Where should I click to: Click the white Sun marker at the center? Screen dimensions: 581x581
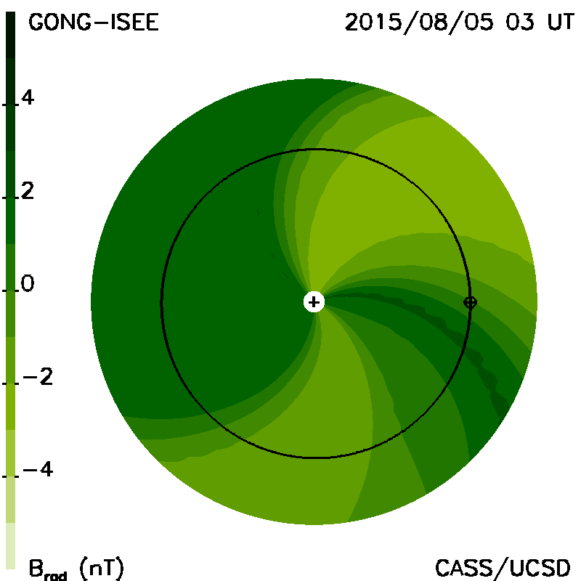click(314, 302)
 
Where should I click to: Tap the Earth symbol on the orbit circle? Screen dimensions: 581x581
click(470, 302)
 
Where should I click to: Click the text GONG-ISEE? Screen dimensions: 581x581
click(94, 23)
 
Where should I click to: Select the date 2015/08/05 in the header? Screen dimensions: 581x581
click(419, 23)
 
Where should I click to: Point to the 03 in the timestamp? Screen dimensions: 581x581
click(520, 23)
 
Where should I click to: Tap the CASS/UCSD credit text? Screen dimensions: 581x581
click(503, 568)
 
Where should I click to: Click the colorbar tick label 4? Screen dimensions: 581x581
click(28, 98)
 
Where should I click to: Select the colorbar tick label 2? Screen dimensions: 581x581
click(28, 191)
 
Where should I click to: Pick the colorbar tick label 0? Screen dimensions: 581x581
click(28, 284)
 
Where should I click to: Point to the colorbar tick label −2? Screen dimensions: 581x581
click(38, 377)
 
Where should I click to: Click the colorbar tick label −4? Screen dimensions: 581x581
click(38, 469)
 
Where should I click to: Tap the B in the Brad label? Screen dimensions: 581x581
click(36, 568)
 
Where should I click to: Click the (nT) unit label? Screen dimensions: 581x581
click(102, 568)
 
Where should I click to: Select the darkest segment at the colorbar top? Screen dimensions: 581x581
click(11, 34)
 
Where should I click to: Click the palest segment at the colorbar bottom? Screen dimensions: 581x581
click(11, 546)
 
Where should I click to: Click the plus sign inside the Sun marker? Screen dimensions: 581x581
click(314, 302)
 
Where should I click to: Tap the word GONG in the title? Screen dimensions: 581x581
click(60, 23)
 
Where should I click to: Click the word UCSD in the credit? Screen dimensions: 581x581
click(540, 568)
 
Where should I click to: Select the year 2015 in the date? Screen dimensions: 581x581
click(373, 23)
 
